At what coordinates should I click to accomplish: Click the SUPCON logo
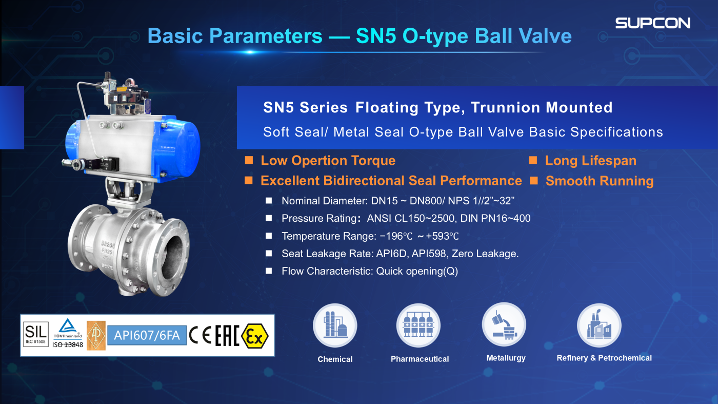tap(652, 23)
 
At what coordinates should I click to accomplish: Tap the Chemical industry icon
tap(335, 325)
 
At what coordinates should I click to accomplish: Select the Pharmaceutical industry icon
tap(418, 325)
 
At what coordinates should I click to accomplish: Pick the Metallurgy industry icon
tap(504, 325)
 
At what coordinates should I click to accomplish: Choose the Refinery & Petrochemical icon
tap(599, 325)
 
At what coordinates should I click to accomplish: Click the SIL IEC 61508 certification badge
tap(35, 334)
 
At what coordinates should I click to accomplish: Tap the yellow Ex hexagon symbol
tap(255, 336)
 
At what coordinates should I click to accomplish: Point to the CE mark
tap(200, 336)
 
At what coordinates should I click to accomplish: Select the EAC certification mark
tap(227, 336)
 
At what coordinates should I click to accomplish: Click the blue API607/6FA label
tap(147, 335)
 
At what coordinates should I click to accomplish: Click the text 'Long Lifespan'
tap(591, 161)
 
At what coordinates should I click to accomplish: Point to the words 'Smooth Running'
tap(600, 181)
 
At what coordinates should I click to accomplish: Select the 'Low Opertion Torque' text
tap(328, 161)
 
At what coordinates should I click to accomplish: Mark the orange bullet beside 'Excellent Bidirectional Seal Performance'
tap(249, 180)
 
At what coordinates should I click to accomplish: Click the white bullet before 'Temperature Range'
tap(269, 236)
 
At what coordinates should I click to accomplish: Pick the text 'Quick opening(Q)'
tap(416, 271)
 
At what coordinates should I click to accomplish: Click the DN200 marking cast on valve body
tap(108, 244)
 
